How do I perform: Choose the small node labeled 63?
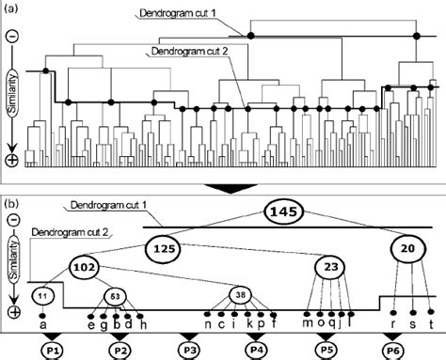115,295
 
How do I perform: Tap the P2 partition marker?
119,349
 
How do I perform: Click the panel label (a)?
12,8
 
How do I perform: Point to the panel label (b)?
12,201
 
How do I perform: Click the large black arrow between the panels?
229,188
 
